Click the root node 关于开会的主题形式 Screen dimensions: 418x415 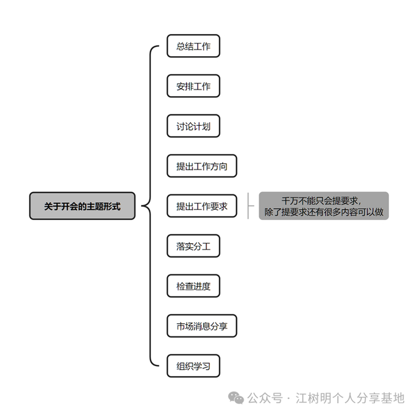pyautogui.click(x=82, y=206)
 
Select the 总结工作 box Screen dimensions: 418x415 pyautogui.click(x=193, y=47)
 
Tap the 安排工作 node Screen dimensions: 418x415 pyautogui.click(x=193, y=86)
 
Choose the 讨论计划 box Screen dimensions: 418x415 pyautogui.click(x=193, y=126)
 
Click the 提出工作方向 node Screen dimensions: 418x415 pyautogui.click(x=202, y=166)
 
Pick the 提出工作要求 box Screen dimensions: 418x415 pyautogui.click(x=202, y=206)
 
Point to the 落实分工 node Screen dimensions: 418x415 pyautogui.click(x=193, y=246)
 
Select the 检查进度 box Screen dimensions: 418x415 pyautogui.click(x=193, y=286)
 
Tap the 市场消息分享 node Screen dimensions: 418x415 pyautogui.click(x=202, y=326)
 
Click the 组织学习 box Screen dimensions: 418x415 pyautogui.click(x=193, y=366)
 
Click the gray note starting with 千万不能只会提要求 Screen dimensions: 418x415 pyautogui.click(x=324, y=206)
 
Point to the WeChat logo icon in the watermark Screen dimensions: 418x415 pyautogui.click(x=238, y=398)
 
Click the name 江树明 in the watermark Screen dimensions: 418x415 pyautogui.click(x=312, y=398)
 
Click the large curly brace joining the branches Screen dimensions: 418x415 pyautogui.click(x=147, y=206)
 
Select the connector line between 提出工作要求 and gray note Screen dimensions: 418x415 pyautogui.click(x=248, y=206)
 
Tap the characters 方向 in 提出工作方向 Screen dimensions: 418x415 pyautogui.click(x=219, y=166)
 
